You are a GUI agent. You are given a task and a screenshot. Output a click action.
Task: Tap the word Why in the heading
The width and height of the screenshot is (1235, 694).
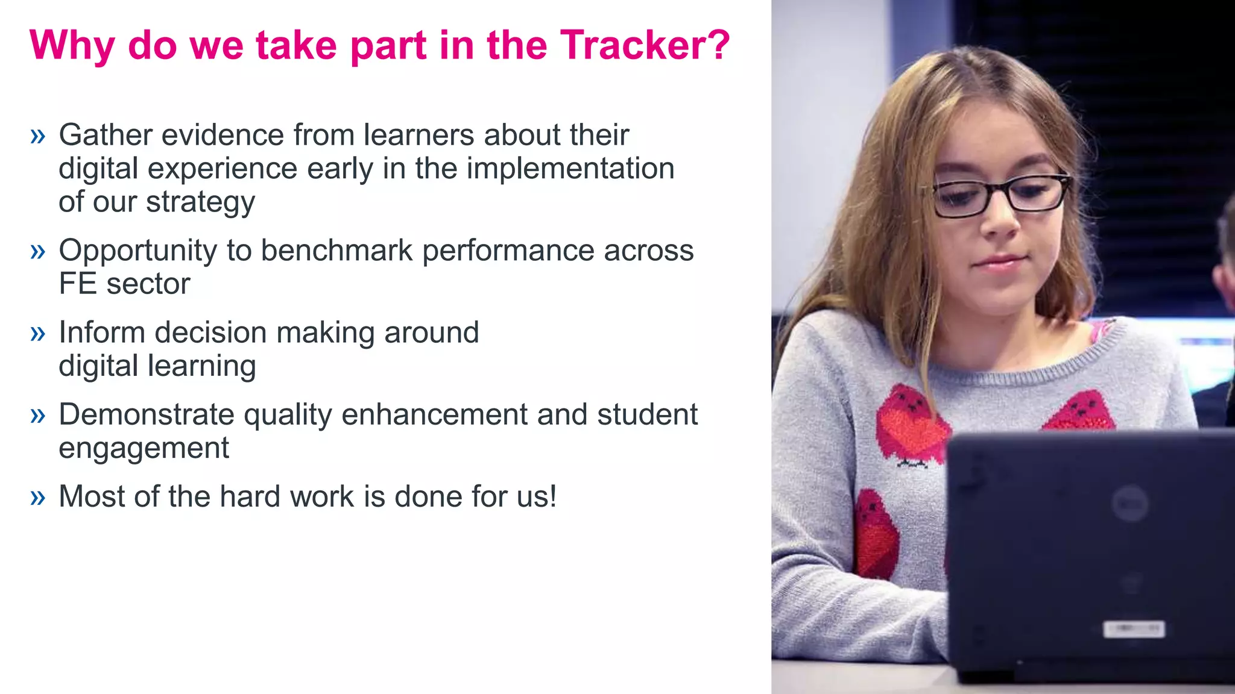(72, 46)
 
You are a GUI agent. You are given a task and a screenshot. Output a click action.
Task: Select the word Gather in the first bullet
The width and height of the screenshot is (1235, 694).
(105, 134)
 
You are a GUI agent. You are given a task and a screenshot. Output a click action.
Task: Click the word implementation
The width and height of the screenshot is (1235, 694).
(570, 168)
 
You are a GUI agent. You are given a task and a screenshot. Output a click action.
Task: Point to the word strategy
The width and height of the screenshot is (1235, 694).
(200, 202)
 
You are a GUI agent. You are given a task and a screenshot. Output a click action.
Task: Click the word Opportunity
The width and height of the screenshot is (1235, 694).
(137, 251)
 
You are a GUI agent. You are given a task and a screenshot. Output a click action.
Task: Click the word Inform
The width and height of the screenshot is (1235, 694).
(102, 333)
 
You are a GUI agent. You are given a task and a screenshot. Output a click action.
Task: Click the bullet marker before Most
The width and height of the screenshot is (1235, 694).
(37, 497)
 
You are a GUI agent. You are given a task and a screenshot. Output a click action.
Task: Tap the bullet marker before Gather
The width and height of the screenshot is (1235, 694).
(37, 136)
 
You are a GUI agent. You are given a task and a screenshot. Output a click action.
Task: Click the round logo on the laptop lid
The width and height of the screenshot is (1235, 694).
(1129, 503)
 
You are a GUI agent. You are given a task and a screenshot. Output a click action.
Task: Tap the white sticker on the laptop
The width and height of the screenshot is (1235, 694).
(1134, 630)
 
